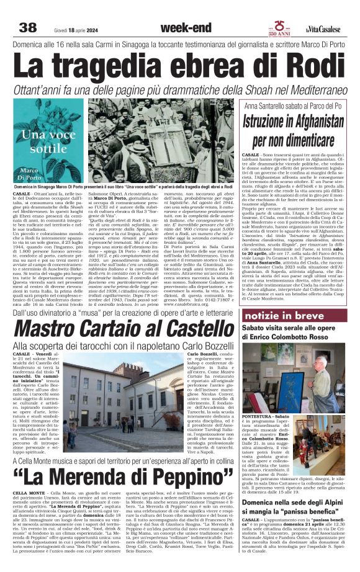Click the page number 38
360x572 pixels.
click(x=28, y=27)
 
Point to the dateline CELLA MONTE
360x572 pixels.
click(x=29, y=509)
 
